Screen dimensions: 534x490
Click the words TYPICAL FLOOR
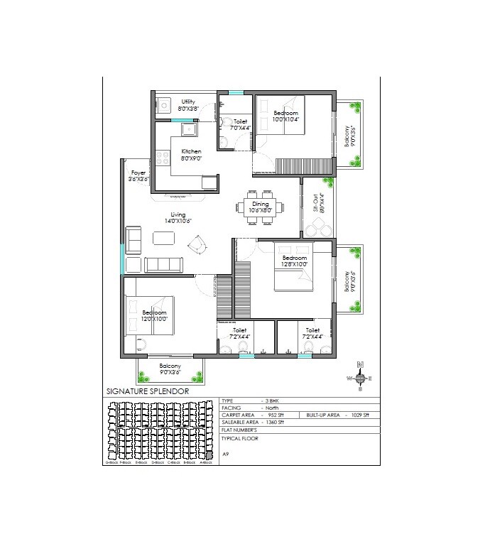pyautogui.click(x=239, y=438)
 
